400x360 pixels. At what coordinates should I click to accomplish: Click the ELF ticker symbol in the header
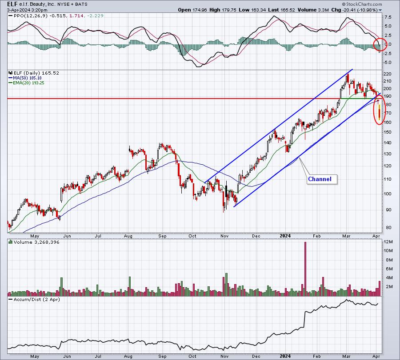[12, 4]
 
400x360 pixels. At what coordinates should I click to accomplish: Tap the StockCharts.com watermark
[362, 4]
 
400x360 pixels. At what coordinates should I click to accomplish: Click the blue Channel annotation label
[320, 179]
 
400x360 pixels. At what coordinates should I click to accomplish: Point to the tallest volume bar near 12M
[305, 269]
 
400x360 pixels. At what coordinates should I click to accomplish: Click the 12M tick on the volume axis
[389, 242]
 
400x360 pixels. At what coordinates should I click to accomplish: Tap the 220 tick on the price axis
[387, 74]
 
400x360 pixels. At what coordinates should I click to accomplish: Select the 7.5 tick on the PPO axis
[388, 17]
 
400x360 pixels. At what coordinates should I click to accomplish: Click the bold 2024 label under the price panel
[285, 236]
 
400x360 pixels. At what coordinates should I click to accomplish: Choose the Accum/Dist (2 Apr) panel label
[37, 299]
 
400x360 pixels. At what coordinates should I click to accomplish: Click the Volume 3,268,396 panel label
[36, 242]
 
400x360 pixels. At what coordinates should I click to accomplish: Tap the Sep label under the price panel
[162, 236]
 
